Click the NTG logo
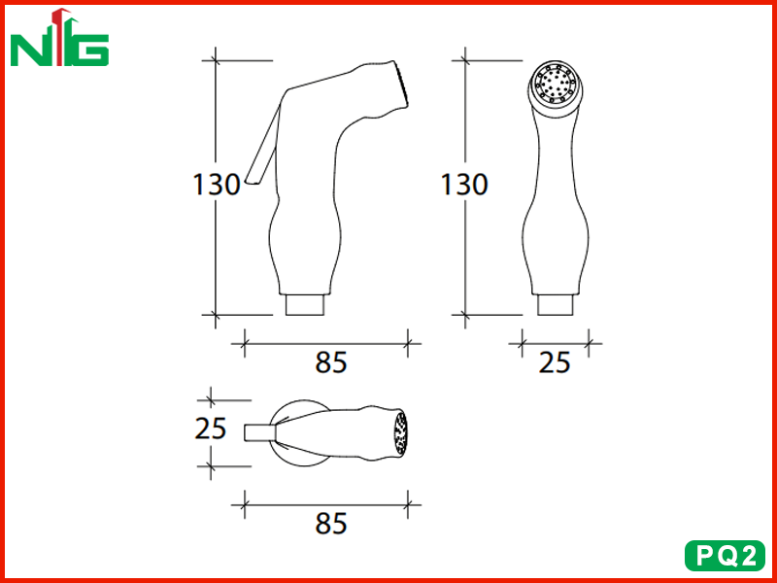coord(59,37)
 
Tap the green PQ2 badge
coord(725,555)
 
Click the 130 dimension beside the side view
coord(216,185)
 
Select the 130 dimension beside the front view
coord(464,185)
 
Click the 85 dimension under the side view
coord(330,362)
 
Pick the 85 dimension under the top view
coord(330,524)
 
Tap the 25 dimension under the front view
coord(555,362)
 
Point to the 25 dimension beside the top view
coord(211,429)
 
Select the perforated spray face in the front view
coord(555,86)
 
